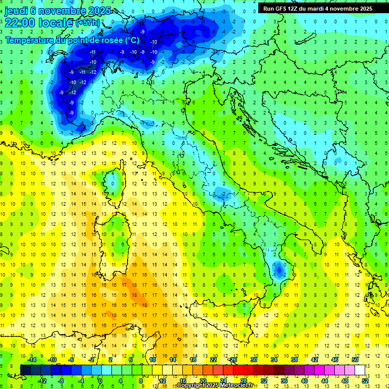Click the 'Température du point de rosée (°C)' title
72,40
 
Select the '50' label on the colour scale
355,360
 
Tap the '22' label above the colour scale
213,360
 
